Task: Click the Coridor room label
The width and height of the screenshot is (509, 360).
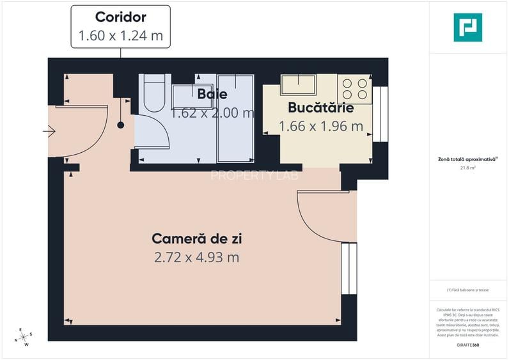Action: click(x=120, y=17)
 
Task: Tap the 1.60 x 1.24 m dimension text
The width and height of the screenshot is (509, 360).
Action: click(x=120, y=36)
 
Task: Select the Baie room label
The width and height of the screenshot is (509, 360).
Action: click(x=212, y=94)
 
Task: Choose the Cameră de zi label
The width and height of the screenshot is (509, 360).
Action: click(x=197, y=239)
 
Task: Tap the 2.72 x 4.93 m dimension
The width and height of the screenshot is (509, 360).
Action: click(x=197, y=258)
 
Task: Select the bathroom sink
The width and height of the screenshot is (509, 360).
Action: click(x=187, y=97)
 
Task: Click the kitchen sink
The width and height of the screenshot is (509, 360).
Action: click(x=298, y=85)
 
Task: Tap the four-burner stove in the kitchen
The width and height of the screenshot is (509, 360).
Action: click(x=354, y=89)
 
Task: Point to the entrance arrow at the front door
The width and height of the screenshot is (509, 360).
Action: click(x=49, y=132)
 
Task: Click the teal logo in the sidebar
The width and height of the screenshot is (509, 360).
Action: click(x=467, y=27)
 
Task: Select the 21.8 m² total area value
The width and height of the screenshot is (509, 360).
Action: click(x=467, y=168)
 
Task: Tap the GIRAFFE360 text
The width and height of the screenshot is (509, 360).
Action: click(x=467, y=345)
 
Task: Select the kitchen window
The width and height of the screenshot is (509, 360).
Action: click(x=380, y=114)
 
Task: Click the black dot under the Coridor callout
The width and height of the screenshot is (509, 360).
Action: click(x=120, y=126)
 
